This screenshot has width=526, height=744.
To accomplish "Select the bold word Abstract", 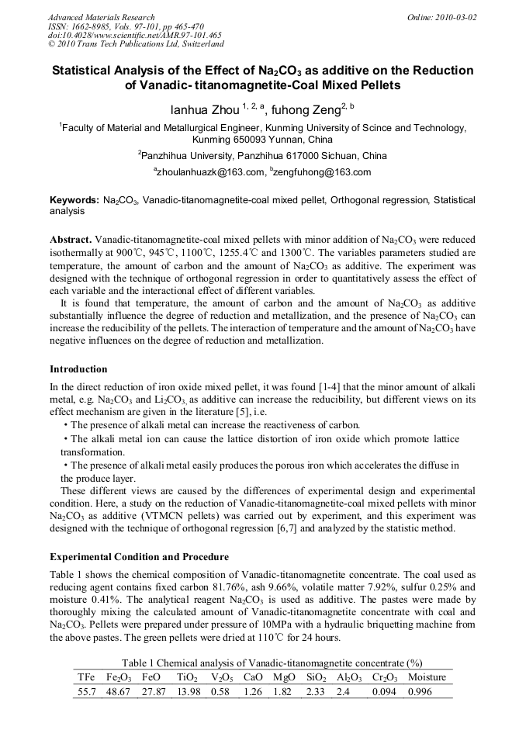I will click(x=71, y=240).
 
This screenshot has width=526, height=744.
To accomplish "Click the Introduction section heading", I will click(x=78, y=369).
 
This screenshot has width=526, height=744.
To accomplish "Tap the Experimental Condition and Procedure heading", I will click(x=139, y=557).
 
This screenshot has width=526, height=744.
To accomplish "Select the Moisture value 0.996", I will click(x=420, y=691).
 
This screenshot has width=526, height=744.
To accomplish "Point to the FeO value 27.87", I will click(x=154, y=691).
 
